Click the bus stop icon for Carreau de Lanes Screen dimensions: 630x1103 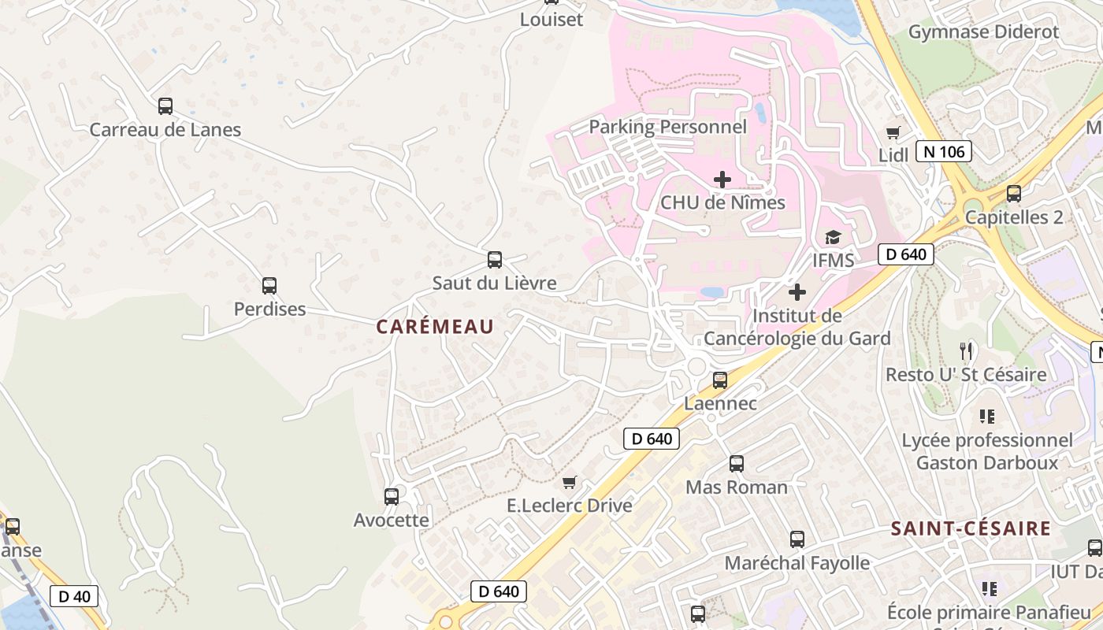165,106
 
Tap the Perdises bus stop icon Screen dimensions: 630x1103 269,286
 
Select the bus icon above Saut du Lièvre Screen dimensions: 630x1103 495,260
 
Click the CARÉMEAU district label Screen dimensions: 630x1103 435,327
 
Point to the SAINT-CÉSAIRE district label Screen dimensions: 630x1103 971,528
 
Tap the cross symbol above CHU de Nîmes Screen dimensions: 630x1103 722,180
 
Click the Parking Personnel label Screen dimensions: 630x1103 667,127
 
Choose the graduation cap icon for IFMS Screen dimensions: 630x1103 833,237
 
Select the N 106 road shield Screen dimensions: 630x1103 944,151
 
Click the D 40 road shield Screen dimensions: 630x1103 75,596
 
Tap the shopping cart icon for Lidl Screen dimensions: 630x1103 893,132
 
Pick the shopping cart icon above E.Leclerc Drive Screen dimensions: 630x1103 570,482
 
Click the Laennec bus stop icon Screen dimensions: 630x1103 720,380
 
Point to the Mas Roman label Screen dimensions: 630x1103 737,487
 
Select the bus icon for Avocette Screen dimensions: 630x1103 392,497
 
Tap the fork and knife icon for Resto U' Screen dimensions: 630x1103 966,350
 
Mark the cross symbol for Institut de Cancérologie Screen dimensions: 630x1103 797,293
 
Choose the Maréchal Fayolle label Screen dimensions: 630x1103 797,563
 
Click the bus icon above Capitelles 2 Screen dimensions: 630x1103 1014,194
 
